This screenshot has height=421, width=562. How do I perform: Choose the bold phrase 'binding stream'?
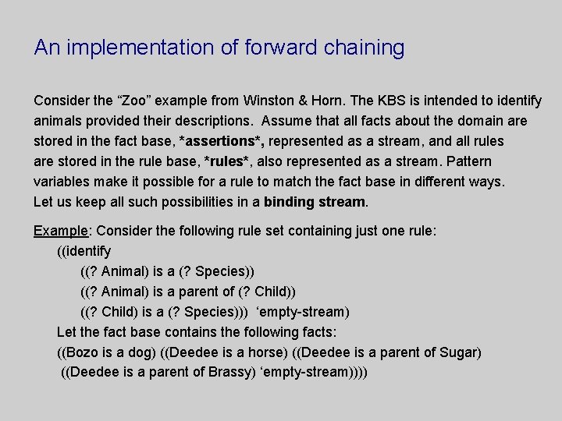[315, 203]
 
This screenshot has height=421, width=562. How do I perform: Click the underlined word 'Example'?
[61, 231]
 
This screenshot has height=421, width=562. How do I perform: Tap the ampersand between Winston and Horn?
[307, 101]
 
